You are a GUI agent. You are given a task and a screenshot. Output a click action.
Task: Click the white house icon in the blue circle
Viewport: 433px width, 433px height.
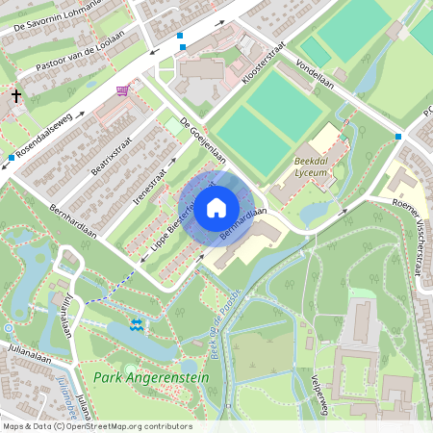216,207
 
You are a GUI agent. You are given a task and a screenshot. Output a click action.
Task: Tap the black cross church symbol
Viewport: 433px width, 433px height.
16,96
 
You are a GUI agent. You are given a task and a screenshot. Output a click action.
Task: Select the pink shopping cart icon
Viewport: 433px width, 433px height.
122,90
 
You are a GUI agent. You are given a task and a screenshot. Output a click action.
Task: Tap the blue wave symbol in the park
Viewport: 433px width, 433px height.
137,325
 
